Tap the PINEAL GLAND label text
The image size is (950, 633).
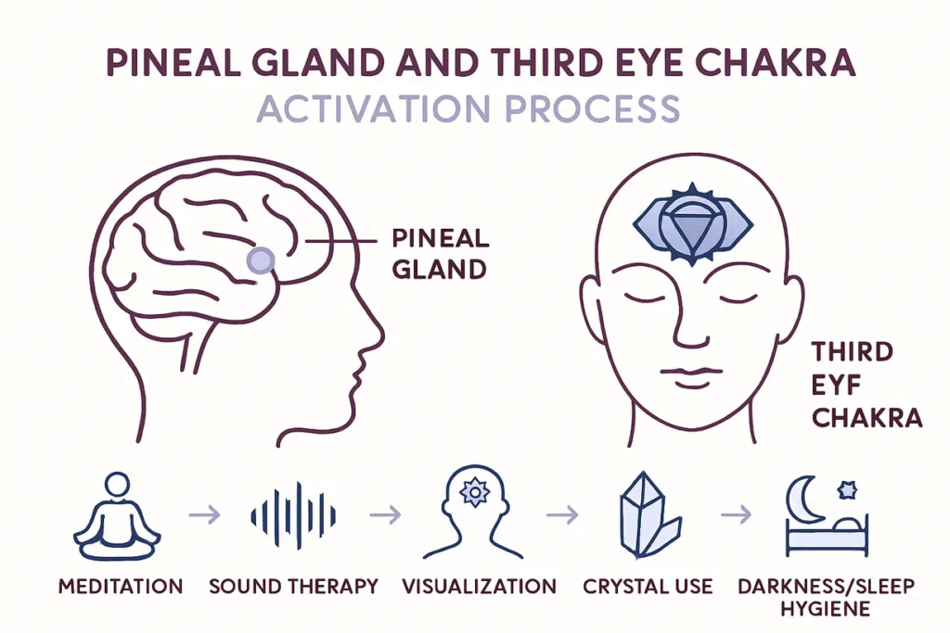point(441,252)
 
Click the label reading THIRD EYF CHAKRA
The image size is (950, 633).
point(865,385)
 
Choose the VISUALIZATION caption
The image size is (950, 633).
point(480,586)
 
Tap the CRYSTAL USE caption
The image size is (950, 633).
point(648,586)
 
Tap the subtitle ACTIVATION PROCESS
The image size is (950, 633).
point(469,109)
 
